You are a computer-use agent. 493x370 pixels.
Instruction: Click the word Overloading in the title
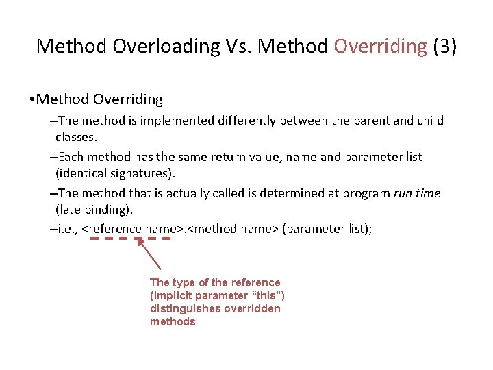click(163, 46)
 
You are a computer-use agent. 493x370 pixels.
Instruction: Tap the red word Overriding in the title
click(380, 46)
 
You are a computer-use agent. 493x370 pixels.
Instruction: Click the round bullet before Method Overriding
click(31, 100)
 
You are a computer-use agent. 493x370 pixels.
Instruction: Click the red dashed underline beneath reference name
click(130, 238)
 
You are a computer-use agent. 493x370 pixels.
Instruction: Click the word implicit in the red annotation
click(169, 295)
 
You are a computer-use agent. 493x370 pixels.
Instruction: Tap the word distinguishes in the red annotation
click(180, 308)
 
